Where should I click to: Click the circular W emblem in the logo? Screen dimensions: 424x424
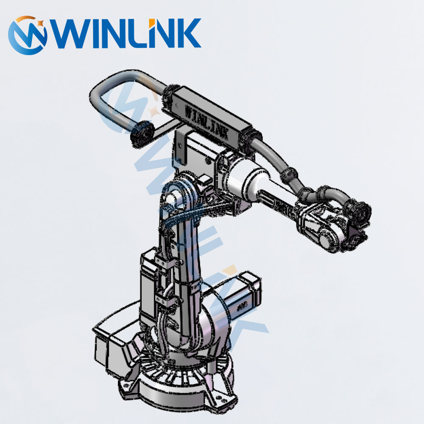coord(27,35)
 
